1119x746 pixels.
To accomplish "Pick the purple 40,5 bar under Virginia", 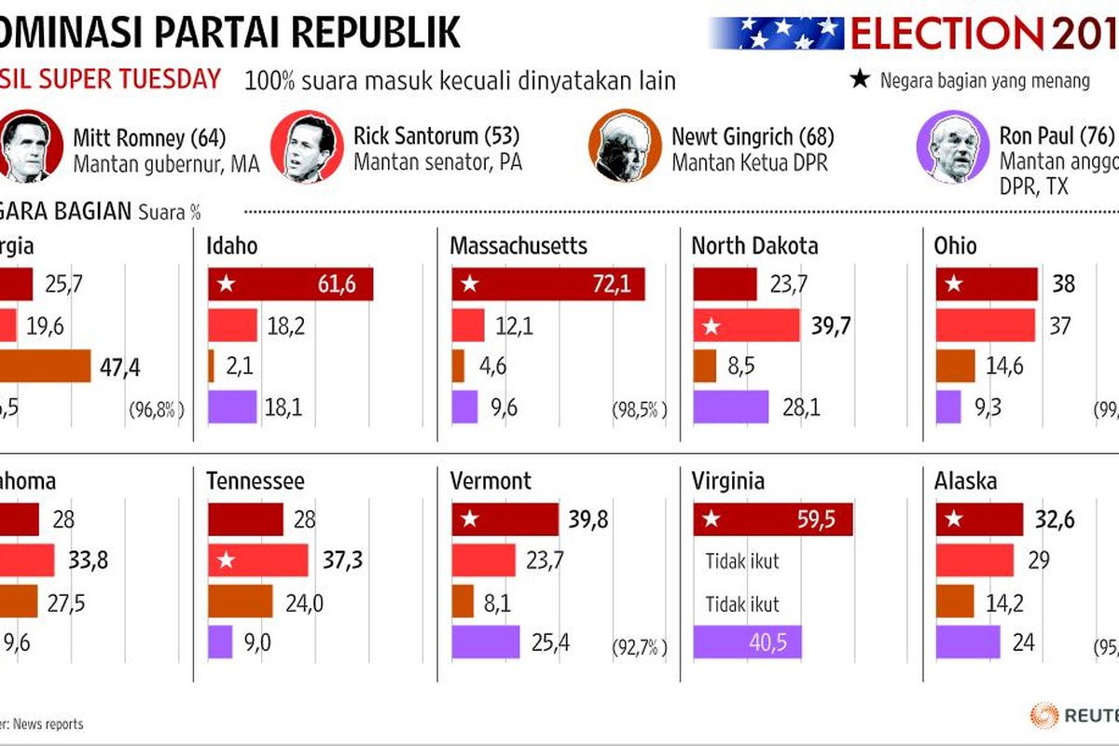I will [x=746, y=642].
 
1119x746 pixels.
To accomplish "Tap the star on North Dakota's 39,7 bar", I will [x=711, y=326].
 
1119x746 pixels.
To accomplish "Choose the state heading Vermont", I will [x=490, y=481].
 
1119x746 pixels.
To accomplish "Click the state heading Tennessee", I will [x=256, y=481].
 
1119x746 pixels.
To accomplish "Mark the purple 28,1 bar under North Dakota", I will [x=731, y=408].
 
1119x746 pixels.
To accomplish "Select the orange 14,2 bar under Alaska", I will [x=954, y=601].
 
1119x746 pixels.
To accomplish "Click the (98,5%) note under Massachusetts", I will [x=640, y=409].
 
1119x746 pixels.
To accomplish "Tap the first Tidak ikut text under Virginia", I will [x=742, y=561].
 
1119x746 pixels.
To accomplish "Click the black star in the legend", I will [x=860, y=79].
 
